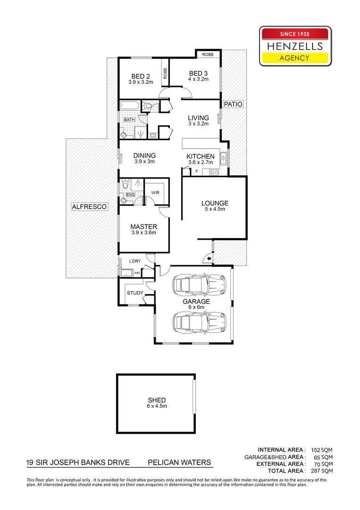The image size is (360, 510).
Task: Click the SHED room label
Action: pyautogui.click(x=157, y=400)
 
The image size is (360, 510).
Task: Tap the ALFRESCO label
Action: pyautogui.click(x=89, y=206)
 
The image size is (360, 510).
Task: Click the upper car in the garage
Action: pyautogui.click(x=200, y=285)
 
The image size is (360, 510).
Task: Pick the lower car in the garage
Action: pyautogui.click(x=200, y=323)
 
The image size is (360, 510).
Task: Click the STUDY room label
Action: pyautogui.click(x=135, y=293)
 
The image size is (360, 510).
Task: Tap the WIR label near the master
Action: pyautogui.click(x=155, y=192)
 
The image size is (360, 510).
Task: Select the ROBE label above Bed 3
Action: pyautogui.click(x=208, y=55)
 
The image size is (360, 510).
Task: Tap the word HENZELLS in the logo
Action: pyautogui.click(x=295, y=46)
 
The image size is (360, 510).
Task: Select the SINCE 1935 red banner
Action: pyautogui.click(x=295, y=34)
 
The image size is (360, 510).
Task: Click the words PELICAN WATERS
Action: pyautogui.click(x=180, y=463)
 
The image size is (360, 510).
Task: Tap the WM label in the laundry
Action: pyautogui.click(x=137, y=272)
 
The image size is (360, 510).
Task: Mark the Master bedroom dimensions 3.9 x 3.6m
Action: pyautogui.click(x=143, y=232)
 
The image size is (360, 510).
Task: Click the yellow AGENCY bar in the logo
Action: pyautogui.click(x=295, y=58)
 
